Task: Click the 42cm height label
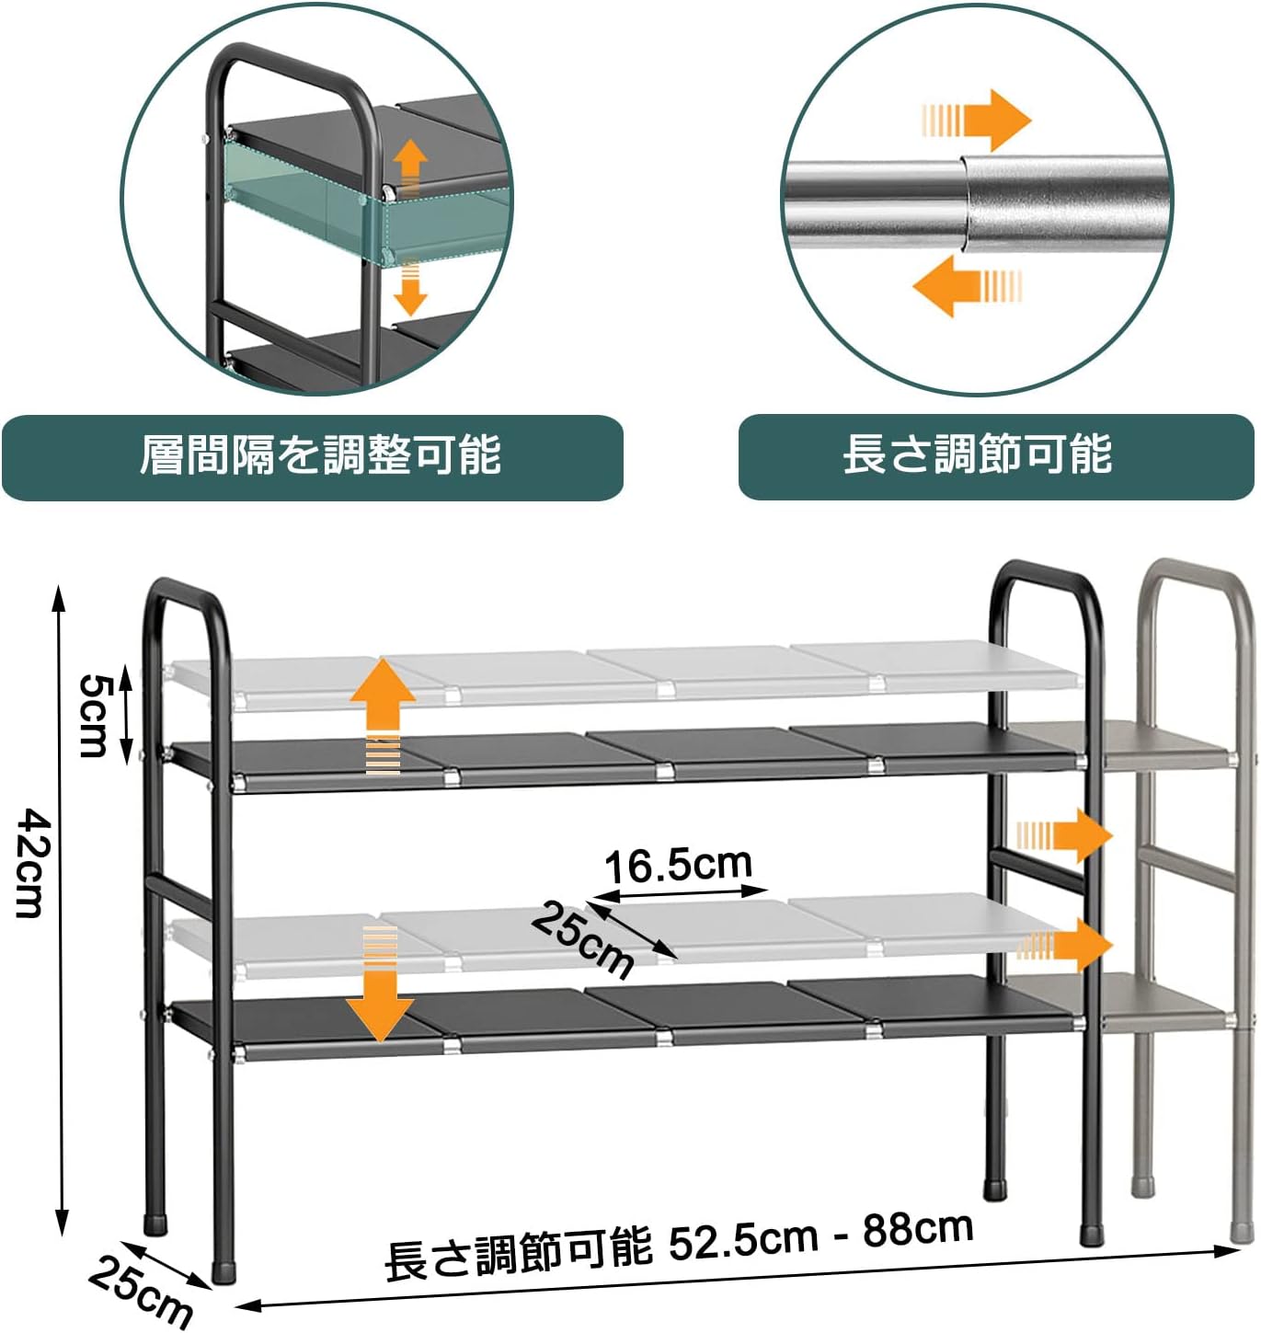pyautogui.click(x=30, y=862)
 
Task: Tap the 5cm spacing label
pyautogui.click(x=94, y=715)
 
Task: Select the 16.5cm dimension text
pyautogui.click(x=679, y=866)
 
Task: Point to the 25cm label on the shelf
pyautogui.click(x=583, y=938)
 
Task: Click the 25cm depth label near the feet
pyautogui.click(x=140, y=1292)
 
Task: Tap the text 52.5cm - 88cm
pyautogui.click(x=820, y=1235)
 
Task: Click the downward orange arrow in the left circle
pyautogui.click(x=410, y=286)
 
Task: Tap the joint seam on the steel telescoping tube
pyautogui.click(x=965, y=203)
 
